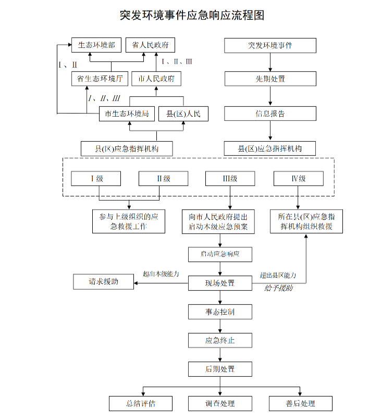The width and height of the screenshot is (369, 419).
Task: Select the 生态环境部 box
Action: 96,45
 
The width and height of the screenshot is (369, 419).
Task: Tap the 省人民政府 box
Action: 151,45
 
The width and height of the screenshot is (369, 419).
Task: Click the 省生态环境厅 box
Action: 99,79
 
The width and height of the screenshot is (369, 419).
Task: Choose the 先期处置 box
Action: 270,79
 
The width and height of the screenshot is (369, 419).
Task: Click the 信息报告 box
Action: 270,114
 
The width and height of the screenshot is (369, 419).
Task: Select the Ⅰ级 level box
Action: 96,179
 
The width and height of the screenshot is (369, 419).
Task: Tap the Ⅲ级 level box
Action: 230,179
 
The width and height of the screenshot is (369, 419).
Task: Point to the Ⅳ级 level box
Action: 298,179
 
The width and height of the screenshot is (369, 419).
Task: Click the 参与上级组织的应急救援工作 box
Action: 128,221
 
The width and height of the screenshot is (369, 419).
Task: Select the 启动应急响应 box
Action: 220,254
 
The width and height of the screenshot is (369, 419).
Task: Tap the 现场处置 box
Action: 220,283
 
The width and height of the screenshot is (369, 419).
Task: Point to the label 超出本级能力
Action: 161,274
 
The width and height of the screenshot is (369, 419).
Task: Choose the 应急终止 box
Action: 220,340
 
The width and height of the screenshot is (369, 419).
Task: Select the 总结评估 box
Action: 141,403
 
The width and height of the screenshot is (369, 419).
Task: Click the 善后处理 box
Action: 300,403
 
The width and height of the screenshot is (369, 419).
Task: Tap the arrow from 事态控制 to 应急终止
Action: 220,326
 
